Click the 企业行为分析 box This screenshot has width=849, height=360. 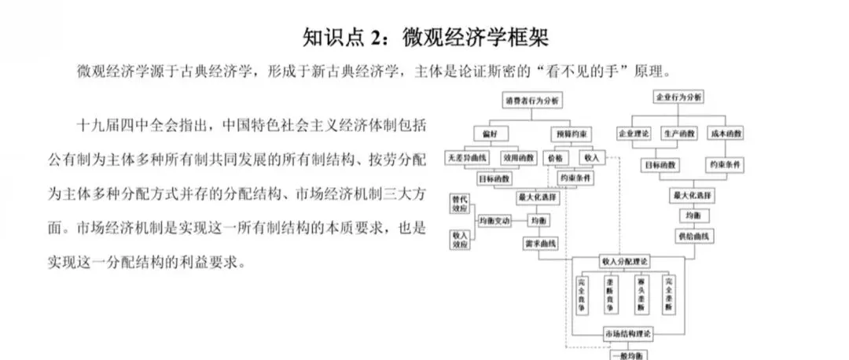click(x=678, y=98)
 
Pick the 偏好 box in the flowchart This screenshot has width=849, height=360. click(x=490, y=134)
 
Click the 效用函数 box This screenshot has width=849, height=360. click(x=520, y=157)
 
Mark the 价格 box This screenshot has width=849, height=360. click(x=554, y=158)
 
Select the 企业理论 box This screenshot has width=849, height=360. click(x=634, y=134)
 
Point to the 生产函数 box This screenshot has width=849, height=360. click(x=678, y=134)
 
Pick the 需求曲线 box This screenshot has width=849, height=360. click(x=541, y=244)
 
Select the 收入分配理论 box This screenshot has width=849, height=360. click(x=624, y=260)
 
